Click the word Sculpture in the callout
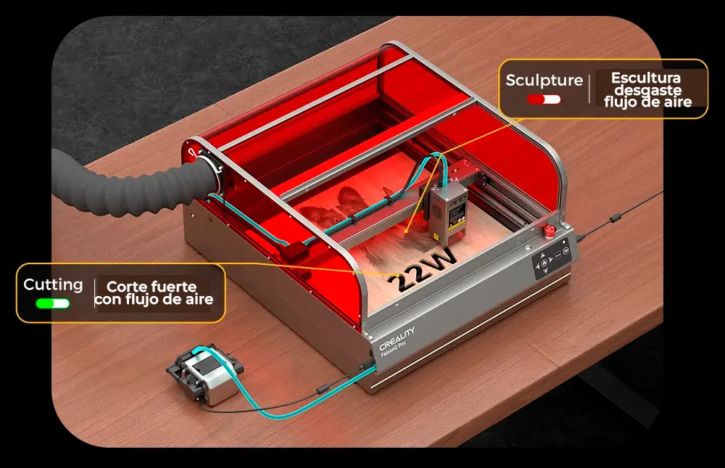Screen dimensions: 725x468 tap(544, 80)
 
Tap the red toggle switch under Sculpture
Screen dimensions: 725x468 tap(544, 99)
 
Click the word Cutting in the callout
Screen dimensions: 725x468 tap(53, 284)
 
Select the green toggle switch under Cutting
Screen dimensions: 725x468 tap(53, 304)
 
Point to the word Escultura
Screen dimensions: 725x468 tap(646, 78)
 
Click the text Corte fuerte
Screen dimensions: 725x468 tap(152, 287)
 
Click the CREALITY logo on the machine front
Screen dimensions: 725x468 tap(397, 339)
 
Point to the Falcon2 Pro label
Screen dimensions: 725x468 tap(393, 350)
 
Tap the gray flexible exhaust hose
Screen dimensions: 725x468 tap(127, 184)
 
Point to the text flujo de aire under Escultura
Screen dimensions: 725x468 tap(647, 102)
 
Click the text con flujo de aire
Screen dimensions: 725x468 tap(154, 300)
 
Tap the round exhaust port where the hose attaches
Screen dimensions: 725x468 tap(210, 169)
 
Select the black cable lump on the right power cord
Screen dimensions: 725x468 tap(616, 218)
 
